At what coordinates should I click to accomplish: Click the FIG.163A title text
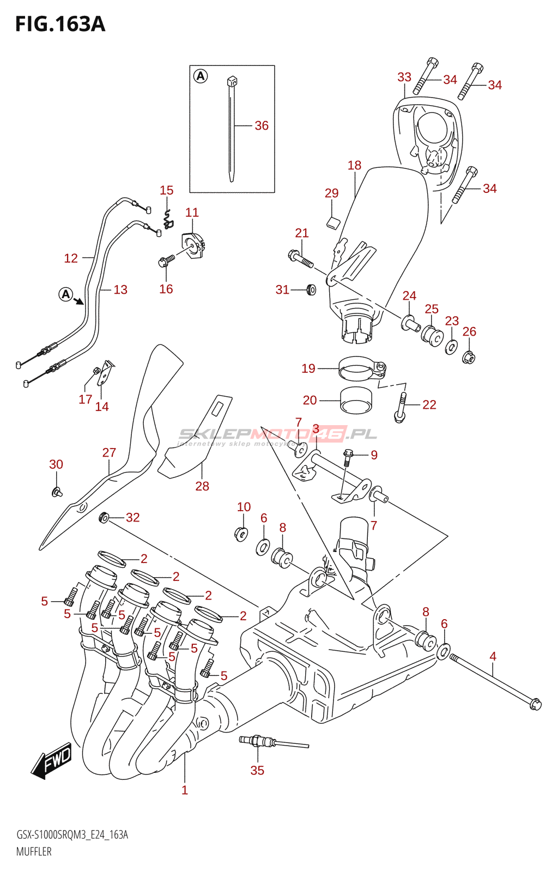point(60,25)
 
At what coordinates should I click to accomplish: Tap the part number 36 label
point(262,126)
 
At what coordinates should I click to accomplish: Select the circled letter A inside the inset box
point(201,76)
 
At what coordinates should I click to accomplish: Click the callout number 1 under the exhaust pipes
point(185,790)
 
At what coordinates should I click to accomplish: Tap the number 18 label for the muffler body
point(354,165)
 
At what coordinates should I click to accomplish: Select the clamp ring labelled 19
point(360,369)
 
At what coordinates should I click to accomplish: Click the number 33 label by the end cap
point(404,77)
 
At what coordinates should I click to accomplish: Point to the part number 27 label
point(109,453)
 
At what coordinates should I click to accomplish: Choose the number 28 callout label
point(202,486)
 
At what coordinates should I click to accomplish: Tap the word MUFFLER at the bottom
point(34,851)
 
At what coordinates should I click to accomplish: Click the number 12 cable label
point(71,258)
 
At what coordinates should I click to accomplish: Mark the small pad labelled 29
point(333,221)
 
